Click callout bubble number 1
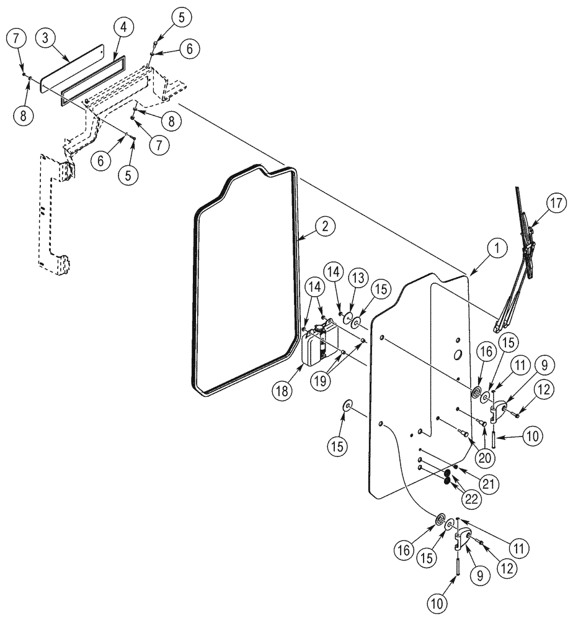496,249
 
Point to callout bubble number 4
123,27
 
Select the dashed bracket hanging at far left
53,211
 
